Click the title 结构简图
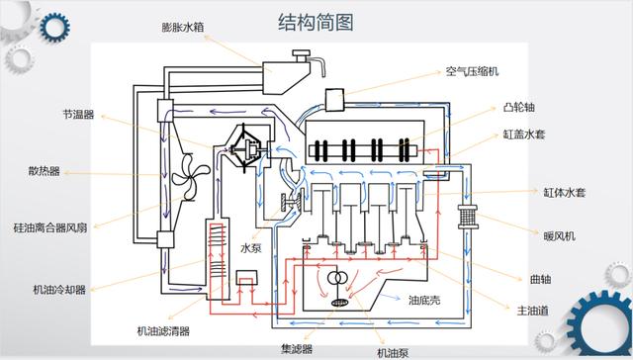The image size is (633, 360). click(316, 22)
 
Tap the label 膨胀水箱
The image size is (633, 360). click(183, 28)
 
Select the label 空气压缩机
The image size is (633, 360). click(473, 72)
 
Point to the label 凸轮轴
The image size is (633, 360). click(519, 108)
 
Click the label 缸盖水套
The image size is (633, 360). click(524, 135)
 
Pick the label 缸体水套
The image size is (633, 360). click(565, 192)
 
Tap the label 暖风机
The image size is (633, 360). click(559, 236)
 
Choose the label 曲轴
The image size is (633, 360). click(541, 279)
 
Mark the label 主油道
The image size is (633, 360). click(533, 311)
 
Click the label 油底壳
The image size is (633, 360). click(424, 301)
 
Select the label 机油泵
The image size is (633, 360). click(393, 353)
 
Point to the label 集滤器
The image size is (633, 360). click(297, 349)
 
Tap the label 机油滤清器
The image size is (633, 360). click(163, 331)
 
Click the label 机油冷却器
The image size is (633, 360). click(59, 290)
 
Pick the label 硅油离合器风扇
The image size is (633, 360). click(50, 228)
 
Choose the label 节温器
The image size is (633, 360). click(78, 115)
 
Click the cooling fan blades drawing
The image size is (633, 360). click(190, 178)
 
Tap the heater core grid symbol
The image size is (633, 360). click(468, 217)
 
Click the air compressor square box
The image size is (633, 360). click(335, 100)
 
